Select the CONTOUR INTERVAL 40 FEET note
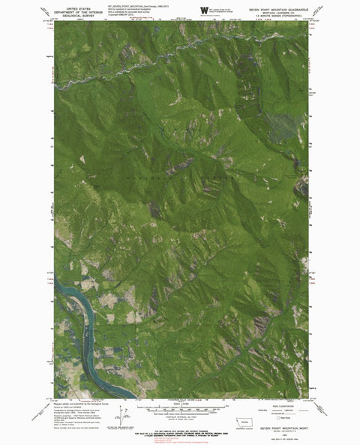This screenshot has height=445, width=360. coord(181,418)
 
